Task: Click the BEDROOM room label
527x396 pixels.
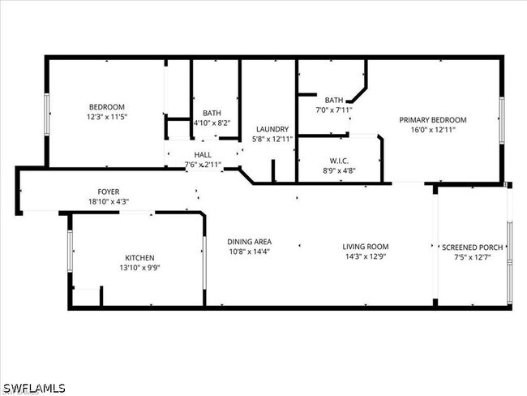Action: [106, 107]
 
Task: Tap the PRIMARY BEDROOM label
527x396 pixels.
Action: [432, 120]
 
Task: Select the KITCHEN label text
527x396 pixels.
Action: [139, 257]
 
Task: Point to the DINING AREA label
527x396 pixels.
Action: [249, 241]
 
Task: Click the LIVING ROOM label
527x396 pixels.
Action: [365, 247]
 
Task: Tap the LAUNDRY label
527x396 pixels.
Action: [272, 129]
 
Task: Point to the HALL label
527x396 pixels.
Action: [203, 154]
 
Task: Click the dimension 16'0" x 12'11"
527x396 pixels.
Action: [432, 129]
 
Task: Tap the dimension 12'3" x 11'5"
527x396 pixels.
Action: [106, 117]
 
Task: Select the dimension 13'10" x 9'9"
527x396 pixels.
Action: [139, 267]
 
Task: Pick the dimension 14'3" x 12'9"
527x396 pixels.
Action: [365, 256]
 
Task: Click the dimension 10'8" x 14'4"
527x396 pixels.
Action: [249, 251]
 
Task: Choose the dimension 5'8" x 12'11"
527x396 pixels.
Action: [272, 139]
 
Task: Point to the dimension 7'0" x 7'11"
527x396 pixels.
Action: [334, 109]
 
